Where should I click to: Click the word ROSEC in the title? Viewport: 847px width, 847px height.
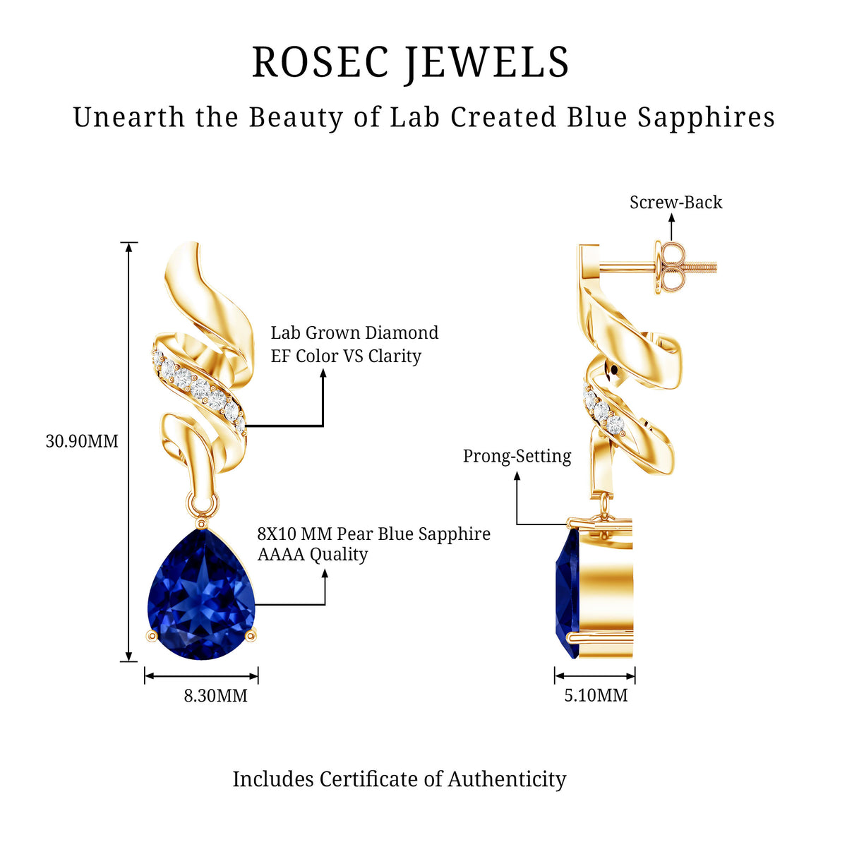(321, 62)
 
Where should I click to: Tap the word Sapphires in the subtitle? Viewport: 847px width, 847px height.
(706, 119)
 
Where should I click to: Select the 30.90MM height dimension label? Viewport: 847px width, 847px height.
(82, 441)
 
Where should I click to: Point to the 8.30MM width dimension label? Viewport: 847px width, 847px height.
(215, 696)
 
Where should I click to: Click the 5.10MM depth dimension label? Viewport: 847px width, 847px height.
(596, 695)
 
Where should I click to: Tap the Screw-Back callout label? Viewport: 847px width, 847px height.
(676, 202)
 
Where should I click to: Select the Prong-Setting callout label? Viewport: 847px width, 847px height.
(517, 456)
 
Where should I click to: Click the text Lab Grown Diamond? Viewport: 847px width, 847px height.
(355, 332)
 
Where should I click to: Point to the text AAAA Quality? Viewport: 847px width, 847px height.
(313, 554)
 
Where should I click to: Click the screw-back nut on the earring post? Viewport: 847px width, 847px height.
(670, 266)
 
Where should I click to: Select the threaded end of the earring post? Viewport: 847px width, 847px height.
(702, 266)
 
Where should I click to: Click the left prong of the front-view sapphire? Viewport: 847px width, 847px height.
(152, 635)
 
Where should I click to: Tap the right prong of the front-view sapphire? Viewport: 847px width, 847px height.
(251, 635)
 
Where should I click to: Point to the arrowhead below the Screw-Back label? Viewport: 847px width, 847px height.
(671, 218)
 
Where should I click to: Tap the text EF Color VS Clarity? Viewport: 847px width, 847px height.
(346, 356)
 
